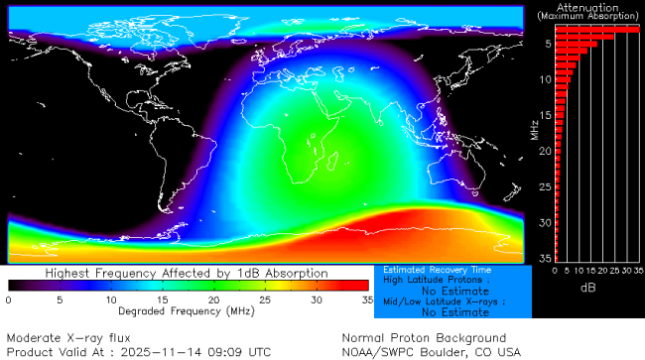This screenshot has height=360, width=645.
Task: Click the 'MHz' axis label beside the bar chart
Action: point(534,129)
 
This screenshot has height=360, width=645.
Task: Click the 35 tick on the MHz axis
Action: point(547,258)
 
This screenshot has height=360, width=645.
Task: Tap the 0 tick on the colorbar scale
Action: point(9,300)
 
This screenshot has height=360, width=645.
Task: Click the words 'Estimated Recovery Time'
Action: point(437,270)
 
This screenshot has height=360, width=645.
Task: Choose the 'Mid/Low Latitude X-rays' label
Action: point(438,301)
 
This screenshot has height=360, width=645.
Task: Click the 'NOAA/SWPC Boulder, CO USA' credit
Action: point(431,351)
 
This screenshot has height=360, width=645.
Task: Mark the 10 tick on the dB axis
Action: point(577,270)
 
